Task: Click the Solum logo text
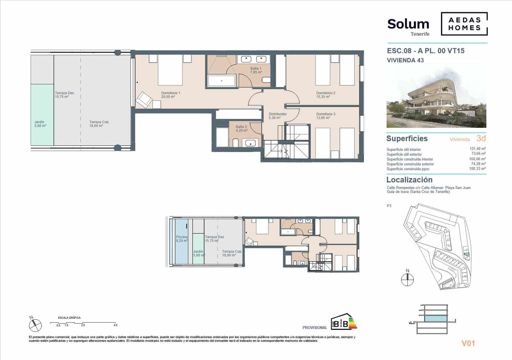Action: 408,24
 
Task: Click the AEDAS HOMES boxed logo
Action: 464,24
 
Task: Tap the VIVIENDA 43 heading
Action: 405,60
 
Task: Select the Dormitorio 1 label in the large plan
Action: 171,95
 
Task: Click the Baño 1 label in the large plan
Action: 256,70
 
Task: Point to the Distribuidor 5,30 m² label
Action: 277,116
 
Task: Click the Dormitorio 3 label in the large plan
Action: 325,116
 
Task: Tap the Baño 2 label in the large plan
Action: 241,129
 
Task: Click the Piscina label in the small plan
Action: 181,239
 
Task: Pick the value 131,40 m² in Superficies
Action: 477,149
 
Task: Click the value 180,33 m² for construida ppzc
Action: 477,169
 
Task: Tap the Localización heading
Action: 409,180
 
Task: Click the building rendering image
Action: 436,98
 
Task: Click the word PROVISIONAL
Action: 315,328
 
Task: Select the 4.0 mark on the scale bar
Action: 116,325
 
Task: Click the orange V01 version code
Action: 468,344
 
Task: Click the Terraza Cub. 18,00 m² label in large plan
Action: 99,124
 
